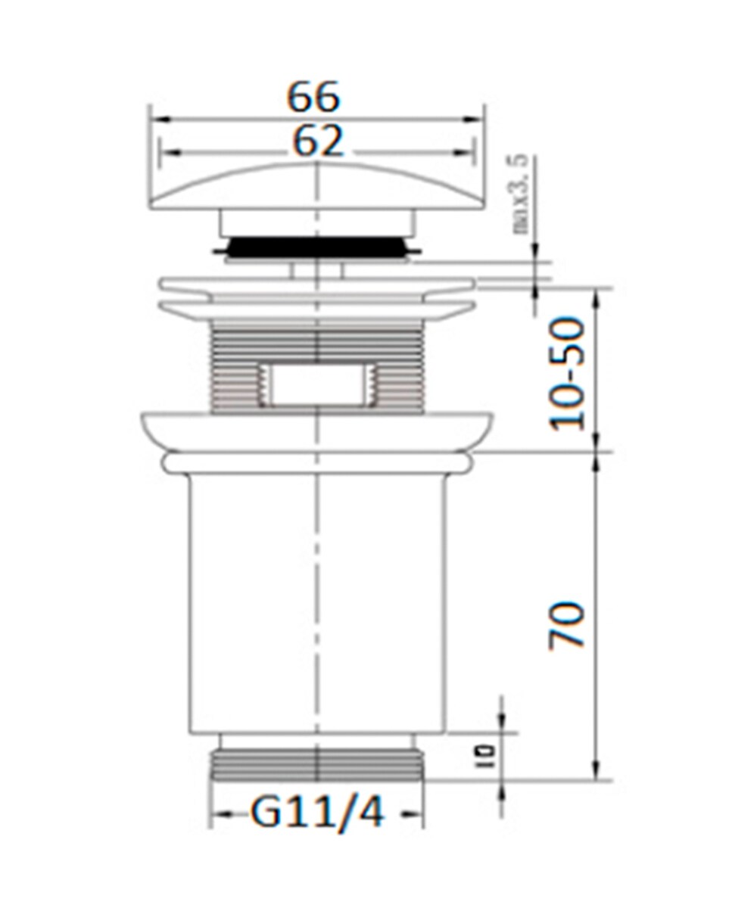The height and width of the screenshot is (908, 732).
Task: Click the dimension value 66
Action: click(x=313, y=97)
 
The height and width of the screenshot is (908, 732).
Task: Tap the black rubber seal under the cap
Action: click(x=318, y=247)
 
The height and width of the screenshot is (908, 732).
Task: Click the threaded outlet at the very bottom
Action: click(x=318, y=764)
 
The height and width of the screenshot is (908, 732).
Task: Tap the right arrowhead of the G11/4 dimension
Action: click(x=416, y=815)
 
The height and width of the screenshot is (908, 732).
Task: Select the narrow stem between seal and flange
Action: click(x=318, y=270)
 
